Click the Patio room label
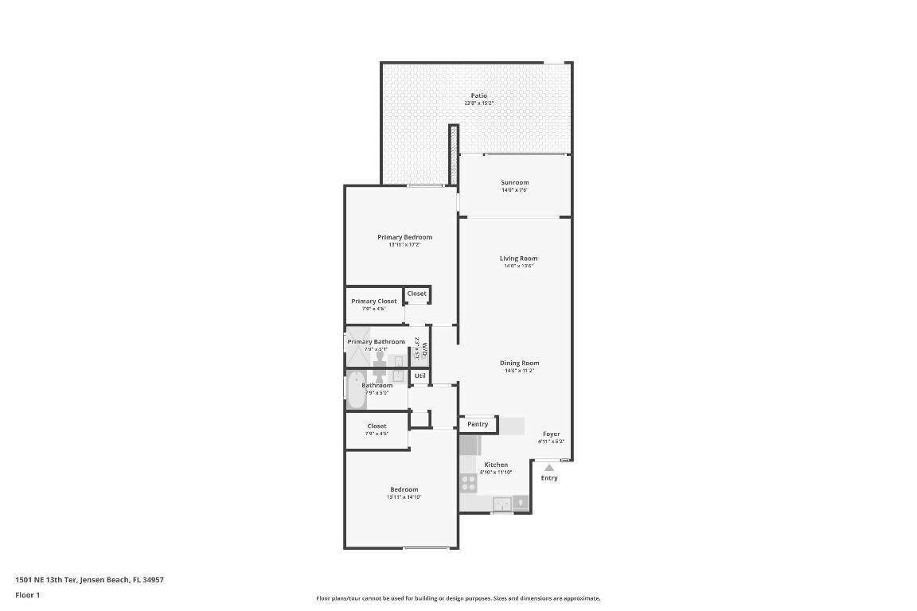pyautogui.click(x=478, y=95)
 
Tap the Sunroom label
pyautogui.click(x=514, y=182)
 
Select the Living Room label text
pyautogui.click(x=518, y=258)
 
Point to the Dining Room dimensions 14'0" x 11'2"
pyautogui.click(x=519, y=371)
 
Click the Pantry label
pyautogui.click(x=478, y=424)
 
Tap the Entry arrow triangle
pyautogui.click(x=549, y=468)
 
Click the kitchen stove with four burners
pyautogui.click(x=468, y=483)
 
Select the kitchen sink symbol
pyautogui.click(x=502, y=503)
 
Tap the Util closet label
pyautogui.click(x=419, y=376)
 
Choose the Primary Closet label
pyautogui.click(x=374, y=301)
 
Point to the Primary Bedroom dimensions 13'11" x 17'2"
pyautogui.click(x=404, y=245)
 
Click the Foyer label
pyautogui.click(x=551, y=434)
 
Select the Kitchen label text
pyautogui.click(x=496, y=465)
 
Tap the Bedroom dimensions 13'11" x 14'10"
pyautogui.click(x=404, y=497)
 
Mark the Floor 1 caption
pyautogui.click(x=27, y=594)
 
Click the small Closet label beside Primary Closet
pyautogui.click(x=416, y=294)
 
